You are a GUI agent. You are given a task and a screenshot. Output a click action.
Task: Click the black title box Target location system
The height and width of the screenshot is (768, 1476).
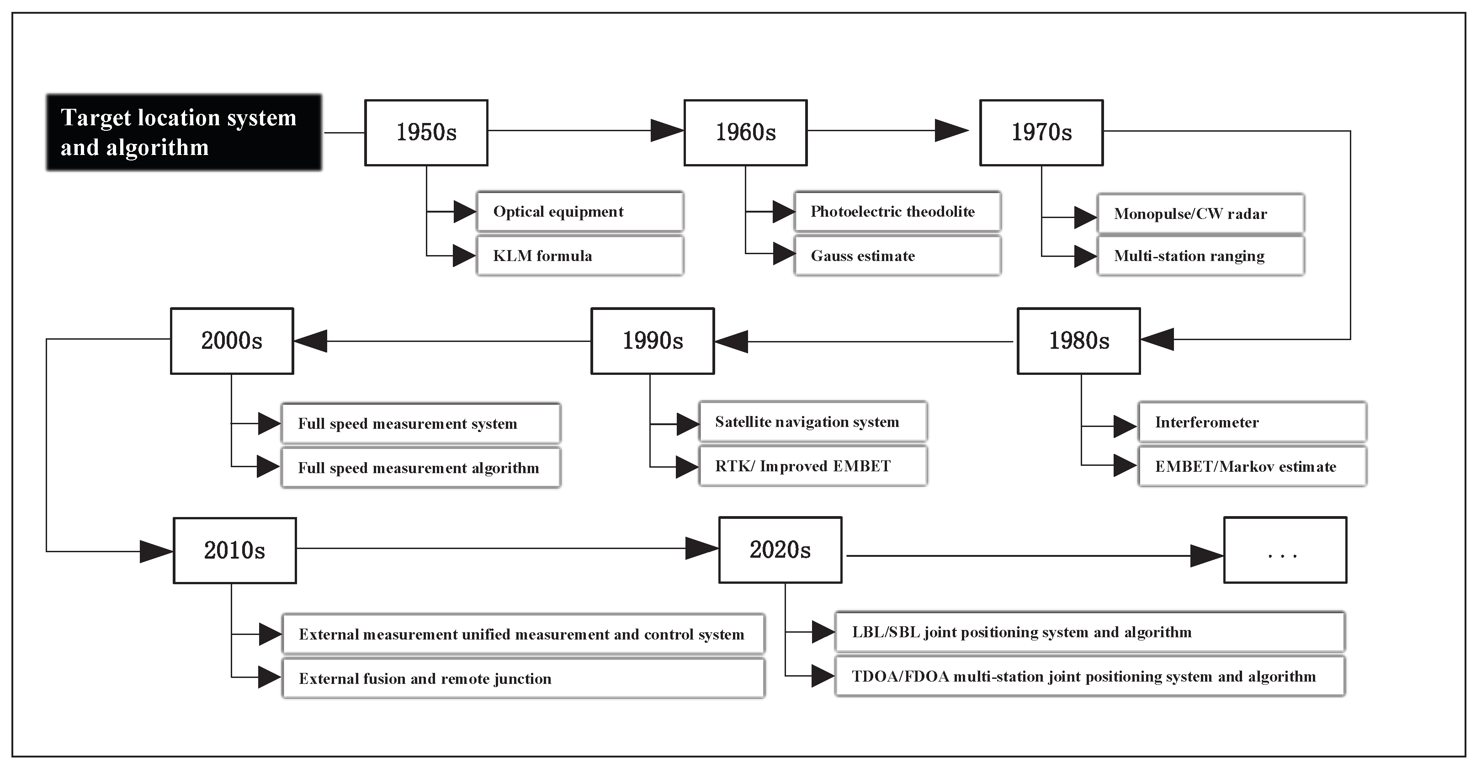tap(184, 133)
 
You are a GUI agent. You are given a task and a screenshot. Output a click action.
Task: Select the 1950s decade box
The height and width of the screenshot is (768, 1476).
tap(426, 133)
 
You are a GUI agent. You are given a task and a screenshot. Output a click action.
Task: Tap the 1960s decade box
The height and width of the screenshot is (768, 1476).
tap(745, 133)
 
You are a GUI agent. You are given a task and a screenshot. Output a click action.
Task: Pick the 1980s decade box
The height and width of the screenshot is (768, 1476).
tap(1079, 341)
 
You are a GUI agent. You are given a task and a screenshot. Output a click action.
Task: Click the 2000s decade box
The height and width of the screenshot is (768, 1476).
tap(232, 341)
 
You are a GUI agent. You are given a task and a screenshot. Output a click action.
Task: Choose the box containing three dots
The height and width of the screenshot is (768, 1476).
tap(1285, 550)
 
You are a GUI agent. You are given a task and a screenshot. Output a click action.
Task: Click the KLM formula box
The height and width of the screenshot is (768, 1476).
tap(580, 256)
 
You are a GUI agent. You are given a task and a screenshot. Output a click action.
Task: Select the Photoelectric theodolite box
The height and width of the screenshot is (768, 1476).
tap(897, 212)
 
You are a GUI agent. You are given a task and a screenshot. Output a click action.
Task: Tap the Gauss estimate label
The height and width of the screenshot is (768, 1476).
tap(863, 256)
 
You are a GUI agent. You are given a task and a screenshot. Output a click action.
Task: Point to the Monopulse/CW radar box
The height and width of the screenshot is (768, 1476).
tap(1200, 214)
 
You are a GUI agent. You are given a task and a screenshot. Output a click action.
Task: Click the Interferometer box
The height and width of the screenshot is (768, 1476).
tap(1252, 422)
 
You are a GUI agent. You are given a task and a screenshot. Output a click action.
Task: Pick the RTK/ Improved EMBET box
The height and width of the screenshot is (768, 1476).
tap(812, 466)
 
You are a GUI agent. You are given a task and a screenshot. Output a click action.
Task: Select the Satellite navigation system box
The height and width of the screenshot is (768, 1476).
tap(812, 422)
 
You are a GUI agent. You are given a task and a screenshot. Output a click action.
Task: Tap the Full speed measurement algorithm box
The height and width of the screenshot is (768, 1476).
tap(420, 468)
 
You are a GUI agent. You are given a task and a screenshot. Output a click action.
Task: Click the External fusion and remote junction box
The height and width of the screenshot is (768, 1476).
tap(523, 678)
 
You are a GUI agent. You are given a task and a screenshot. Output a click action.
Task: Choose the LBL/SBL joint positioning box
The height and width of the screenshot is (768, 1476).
tap(1090, 632)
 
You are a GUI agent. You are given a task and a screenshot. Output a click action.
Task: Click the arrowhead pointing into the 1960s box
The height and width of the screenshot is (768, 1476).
tap(667, 131)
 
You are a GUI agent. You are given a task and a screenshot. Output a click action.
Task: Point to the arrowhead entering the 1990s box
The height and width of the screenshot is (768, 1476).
tap(732, 341)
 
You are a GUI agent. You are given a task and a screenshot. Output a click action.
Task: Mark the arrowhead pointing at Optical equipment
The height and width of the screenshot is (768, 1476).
tap(465, 212)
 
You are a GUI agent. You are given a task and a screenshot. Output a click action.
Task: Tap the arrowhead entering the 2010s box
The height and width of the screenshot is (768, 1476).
tap(156, 551)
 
